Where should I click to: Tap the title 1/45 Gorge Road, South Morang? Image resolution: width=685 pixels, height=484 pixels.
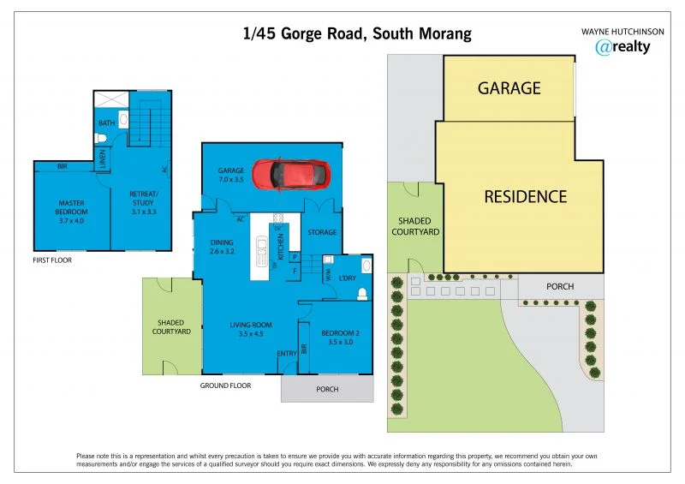356,34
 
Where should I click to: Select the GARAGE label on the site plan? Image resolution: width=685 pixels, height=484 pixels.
509,88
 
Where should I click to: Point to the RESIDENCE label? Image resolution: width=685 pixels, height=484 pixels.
525,196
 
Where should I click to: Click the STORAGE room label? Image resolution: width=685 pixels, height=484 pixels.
322,232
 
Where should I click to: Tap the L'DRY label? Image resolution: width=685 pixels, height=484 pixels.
346,279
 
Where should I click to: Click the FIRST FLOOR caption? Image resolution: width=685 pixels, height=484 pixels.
51,260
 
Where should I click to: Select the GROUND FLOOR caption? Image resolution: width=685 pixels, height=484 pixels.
225,386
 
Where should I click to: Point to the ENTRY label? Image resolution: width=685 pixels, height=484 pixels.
286,354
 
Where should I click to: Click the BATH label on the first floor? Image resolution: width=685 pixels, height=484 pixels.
106,123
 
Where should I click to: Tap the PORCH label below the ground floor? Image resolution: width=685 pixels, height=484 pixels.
327,390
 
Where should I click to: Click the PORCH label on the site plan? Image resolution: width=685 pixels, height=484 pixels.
559,286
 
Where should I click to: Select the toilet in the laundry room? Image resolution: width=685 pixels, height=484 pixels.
361,294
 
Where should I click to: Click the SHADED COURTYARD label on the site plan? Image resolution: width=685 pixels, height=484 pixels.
415,226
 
